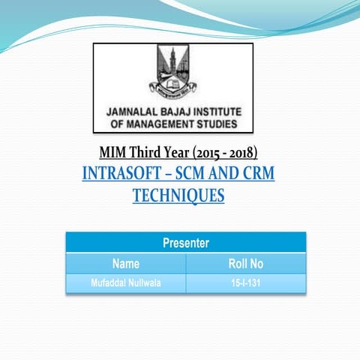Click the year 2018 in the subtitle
coord(241,154)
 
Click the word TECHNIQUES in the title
coord(178,196)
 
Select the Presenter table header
coord(186,242)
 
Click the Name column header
coord(126,263)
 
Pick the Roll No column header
coord(246,263)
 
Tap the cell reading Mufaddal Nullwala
coord(126,283)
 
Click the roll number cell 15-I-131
coord(246,283)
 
